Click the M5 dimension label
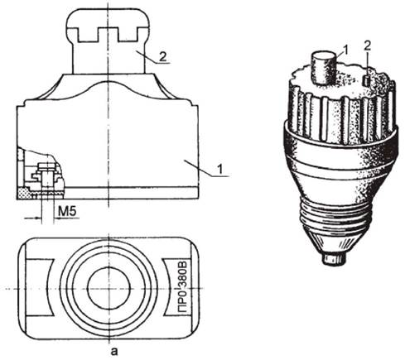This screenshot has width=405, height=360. click(67, 211)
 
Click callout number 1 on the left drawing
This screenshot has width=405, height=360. click(219, 169)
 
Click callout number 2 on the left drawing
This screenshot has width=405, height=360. click(163, 57)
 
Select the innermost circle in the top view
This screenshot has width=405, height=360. click(108, 288)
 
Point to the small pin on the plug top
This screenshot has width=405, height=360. click(366, 81)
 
